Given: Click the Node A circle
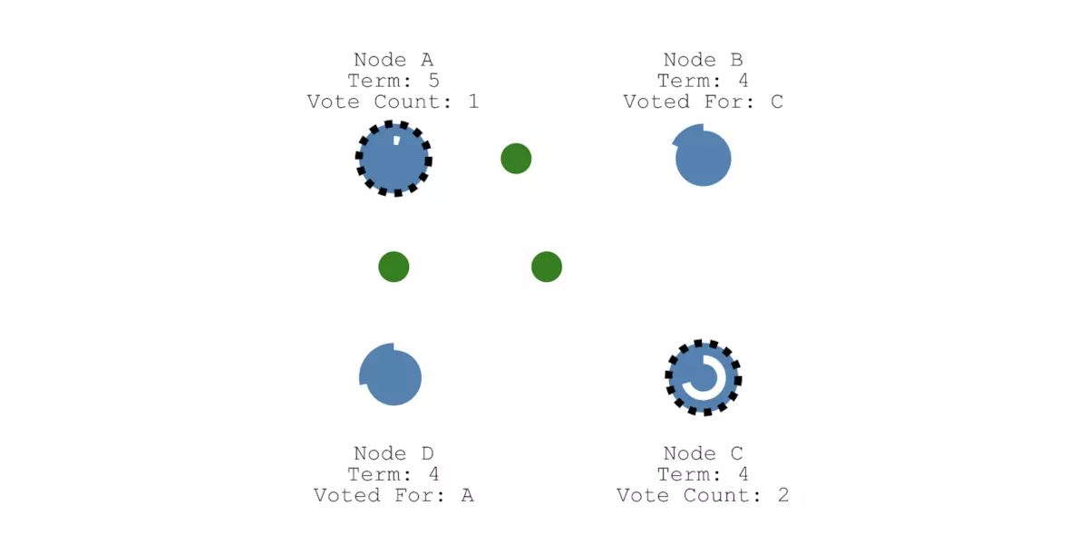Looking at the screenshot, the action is click(x=393, y=159).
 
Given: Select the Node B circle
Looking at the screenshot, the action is click(x=704, y=159).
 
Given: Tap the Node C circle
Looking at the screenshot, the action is click(x=704, y=377).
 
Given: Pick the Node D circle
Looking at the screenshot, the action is click(x=392, y=375).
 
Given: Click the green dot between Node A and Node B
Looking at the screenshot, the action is click(x=516, y=159).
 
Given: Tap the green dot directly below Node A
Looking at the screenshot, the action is click(x=393, y=267).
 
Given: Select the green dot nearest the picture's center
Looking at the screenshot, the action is click(x=547, y=267).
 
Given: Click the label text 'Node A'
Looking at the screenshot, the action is click(x=393, y=60).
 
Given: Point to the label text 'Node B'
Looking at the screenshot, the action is click(x=704, y=60).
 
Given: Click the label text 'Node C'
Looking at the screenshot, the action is click(x=704, y=453).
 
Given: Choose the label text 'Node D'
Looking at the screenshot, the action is click(x=393, y=453).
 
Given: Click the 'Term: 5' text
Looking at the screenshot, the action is click(x=393, y=81).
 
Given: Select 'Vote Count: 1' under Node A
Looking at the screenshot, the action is click(x=393, y=102).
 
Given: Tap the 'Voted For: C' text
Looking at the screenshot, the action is click(x=704, y=102).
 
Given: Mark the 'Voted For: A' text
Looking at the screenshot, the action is click(x=393, y=495).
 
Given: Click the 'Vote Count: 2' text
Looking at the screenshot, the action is click(x=704, y=495).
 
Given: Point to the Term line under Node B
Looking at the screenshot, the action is click(x=704, y=81).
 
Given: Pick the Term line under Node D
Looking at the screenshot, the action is click(x=393, y=474).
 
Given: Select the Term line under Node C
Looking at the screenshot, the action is click(x=704, y=474).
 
